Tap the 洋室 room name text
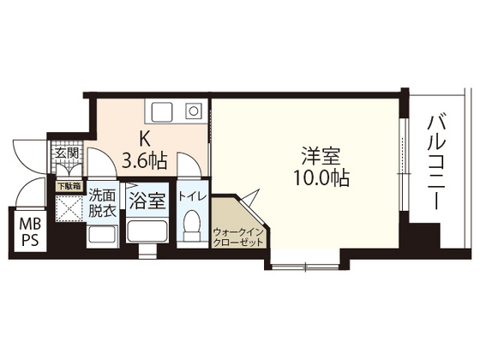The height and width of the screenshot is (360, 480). point(321,157)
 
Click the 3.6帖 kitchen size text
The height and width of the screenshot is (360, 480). point(146,160)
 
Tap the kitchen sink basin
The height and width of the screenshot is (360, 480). point(162,111)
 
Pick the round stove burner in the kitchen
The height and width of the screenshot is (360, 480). point(194,111)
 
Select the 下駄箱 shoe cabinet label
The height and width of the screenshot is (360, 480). point(69,185)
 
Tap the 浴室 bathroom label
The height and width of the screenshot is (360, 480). point(147,201)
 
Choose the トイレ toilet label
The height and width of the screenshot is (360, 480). point(191,196)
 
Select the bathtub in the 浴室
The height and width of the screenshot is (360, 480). point(147,231)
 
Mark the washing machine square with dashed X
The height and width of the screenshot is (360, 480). point(69,210)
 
